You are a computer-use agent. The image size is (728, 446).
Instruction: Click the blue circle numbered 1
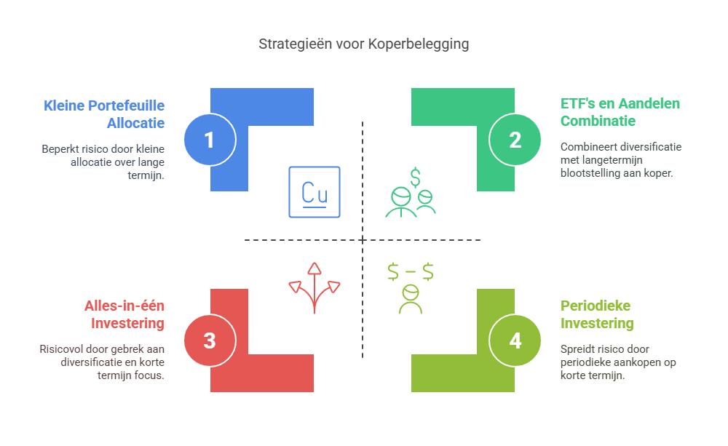[210, 139]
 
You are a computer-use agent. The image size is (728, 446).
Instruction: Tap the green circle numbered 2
[515, 139]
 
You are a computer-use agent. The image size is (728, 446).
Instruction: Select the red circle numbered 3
[210, 341]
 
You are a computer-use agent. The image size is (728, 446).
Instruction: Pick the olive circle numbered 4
[515, 341]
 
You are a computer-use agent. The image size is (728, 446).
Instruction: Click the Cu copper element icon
[314, 192]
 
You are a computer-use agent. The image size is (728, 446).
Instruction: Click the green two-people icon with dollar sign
[411, 195]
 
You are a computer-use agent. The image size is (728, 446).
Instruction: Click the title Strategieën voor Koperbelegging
[363, 44]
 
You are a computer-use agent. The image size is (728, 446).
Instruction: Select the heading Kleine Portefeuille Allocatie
[104, 114]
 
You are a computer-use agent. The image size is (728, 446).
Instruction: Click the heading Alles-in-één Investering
[124, 314]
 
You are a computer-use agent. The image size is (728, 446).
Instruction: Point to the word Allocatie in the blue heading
[135, 122]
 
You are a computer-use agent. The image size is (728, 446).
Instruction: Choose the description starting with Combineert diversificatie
[620, 161]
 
